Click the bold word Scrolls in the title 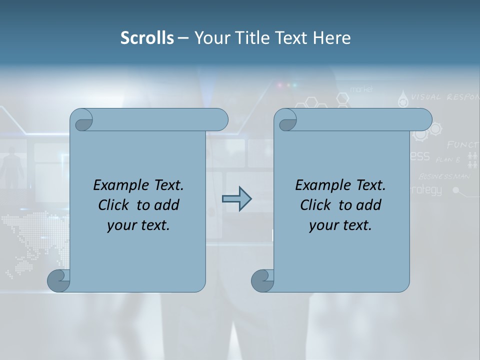[x=147, y=38]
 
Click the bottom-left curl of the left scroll [x=59, y=280]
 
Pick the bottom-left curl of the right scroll [x=262, y=280]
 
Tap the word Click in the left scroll [x=114, y=205]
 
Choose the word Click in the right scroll [x=315, y=205]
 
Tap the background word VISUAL [x=426, y=97]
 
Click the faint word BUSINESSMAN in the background [x=444, y=176]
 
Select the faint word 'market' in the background [x=361, y=89]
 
